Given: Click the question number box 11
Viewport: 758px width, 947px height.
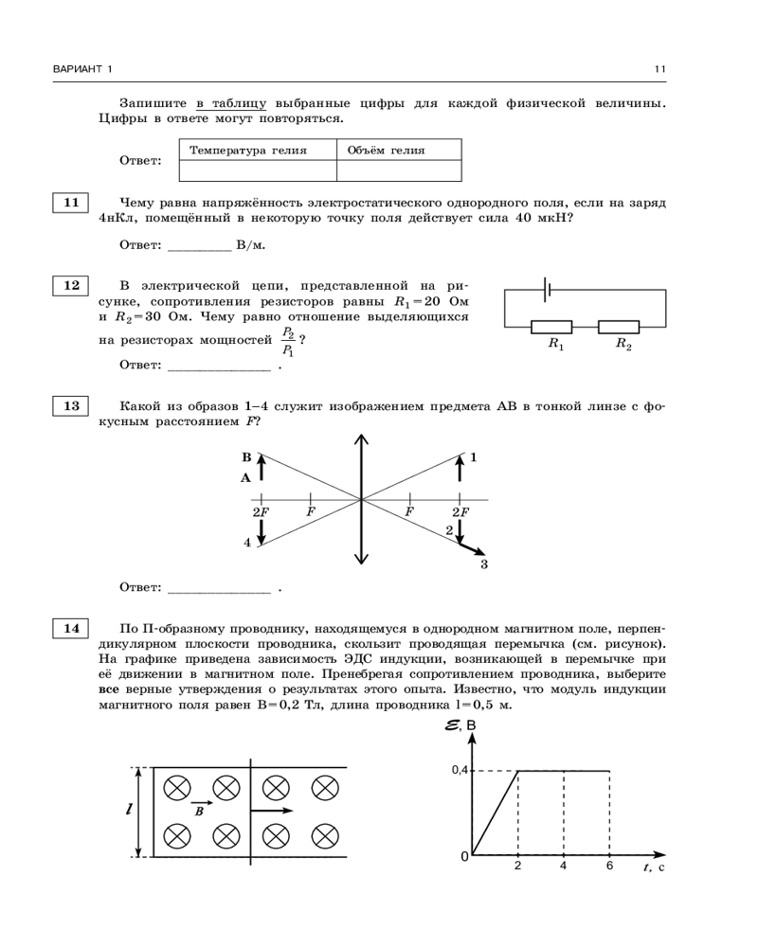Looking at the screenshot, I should [69, 204].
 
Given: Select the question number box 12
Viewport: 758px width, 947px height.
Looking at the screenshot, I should [69, 285].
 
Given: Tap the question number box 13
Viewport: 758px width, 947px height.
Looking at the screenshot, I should [69, 407].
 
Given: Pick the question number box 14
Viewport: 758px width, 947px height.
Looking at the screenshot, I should [69, 628].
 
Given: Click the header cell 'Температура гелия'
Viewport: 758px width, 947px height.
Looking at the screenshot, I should [257, 151].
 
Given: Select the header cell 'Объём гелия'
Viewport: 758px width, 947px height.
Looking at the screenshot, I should [399, 151].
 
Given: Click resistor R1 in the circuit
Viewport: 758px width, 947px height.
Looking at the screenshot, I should [550, 328].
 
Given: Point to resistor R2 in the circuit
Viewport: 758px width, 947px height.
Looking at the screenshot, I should [618, 328].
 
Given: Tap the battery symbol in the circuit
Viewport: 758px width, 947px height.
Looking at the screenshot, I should [548, 290].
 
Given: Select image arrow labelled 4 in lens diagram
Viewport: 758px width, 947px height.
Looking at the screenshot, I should [261, 530].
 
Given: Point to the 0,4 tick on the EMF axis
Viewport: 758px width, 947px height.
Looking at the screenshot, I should [459, 771].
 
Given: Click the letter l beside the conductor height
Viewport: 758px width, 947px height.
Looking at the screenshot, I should [128, 810].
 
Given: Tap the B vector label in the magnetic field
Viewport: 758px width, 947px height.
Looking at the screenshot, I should [199, 811].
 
